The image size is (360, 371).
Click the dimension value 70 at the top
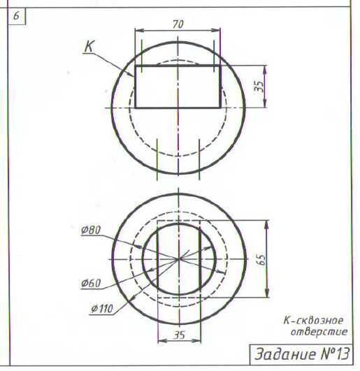pyautogui.click(x=178, y=24)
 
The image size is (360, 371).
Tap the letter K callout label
pyautogui.click(x=89, y=46)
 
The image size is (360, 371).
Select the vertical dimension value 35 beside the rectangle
pyautogui.click(x=259, y=87)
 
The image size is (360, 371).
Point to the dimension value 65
pyautogui.click(x=261, y=260)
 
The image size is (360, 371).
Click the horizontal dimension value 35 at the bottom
pyautogui.click(x=179, y=335)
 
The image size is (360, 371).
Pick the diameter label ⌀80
pyautogui.click(x=91, y=230)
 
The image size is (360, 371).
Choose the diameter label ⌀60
pyautogui.click(x=91, y=283)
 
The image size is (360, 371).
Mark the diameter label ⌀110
pyautogui.click(x=102, y=309)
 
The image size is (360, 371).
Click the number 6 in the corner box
pyautogui.click(x=16, y=16)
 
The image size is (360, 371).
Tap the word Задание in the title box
pyautogui.click(x=285, y=354)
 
